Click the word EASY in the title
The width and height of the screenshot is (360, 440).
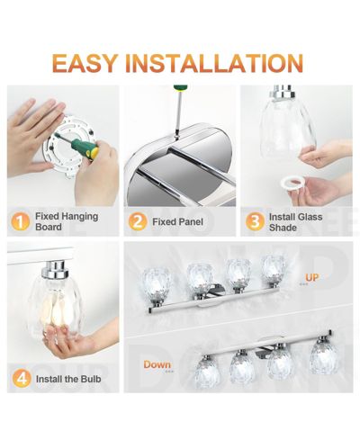click(x=85, y=63)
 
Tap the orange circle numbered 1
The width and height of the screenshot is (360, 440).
click(x=21, y=221)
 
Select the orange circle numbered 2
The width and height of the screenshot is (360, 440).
click(x=138, y=221)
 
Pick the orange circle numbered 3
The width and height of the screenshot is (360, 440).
click(x=255, y=221)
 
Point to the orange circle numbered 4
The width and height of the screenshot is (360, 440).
click(x=22, y=378)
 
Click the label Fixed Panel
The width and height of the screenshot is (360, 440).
click(x=177, y=222)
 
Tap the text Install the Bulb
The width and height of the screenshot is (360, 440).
click(x=68, y=379)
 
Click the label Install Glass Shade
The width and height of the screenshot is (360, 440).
click(x=295, y=222)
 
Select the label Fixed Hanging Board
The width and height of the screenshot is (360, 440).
click(x=67, y=221)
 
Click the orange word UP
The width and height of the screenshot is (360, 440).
click(x=311, y=277)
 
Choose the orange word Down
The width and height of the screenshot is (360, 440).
click(x=157, y=364)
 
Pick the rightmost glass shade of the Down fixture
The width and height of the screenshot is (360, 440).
click(x=324, y=357)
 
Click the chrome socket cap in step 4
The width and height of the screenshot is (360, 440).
click(x=54, y=269)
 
